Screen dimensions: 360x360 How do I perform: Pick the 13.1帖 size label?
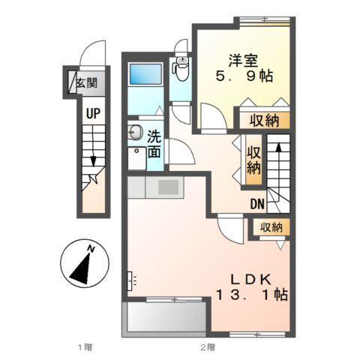point(251,295)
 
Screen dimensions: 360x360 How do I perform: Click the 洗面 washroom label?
point(153,144)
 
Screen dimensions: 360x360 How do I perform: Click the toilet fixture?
point(180,70)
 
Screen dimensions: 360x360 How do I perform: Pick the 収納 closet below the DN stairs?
point(271,227)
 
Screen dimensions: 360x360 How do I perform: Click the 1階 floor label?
point(84,348)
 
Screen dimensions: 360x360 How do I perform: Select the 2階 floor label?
point(207,348)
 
